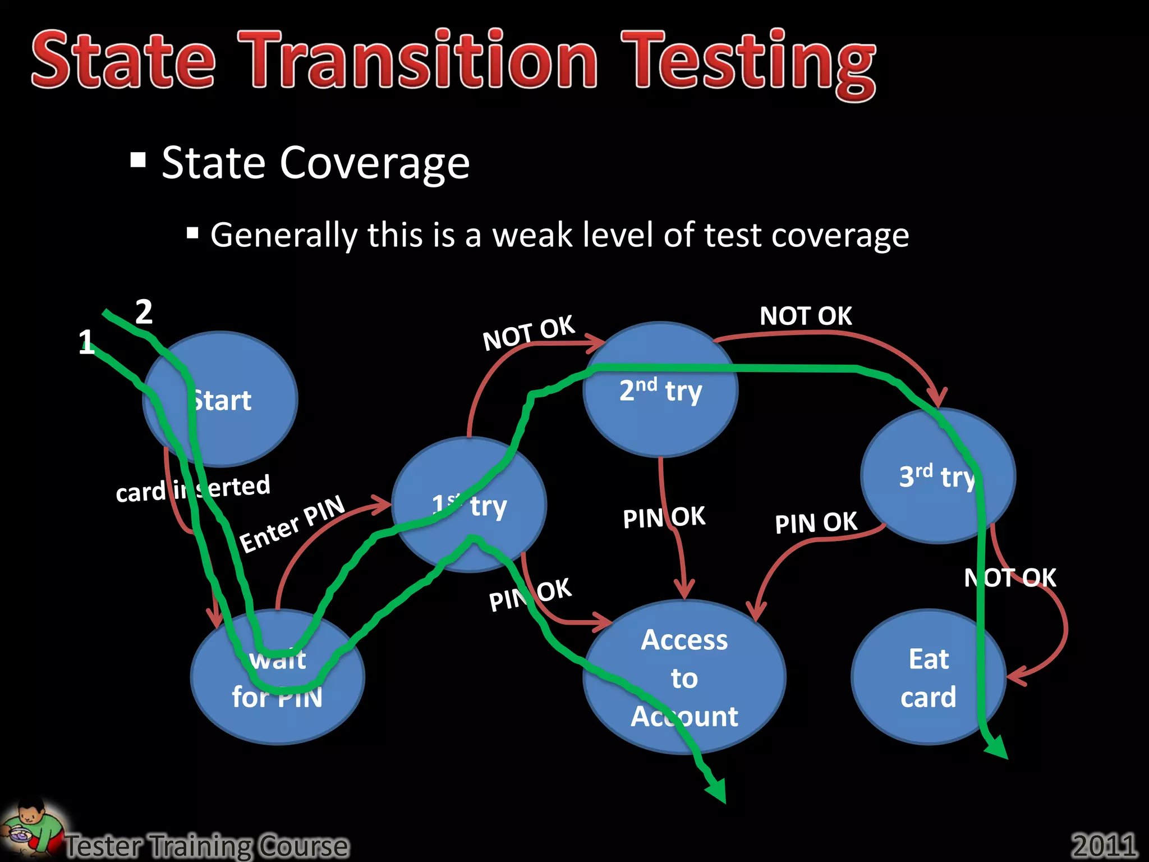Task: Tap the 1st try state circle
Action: coord(469,505)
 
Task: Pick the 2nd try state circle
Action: coord(660,389)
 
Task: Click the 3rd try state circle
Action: coord(937,476)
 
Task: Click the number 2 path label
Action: coord(144,312)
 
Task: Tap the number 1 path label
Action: coord(86,342)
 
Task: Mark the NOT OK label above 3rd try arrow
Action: coord(806,316)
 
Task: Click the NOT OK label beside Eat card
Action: coord(1010,578)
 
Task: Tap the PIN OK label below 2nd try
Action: coord(664,517)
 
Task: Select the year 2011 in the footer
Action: coord(1104,845)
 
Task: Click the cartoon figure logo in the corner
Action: coord(31,828)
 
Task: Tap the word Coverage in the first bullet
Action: coord(374,163)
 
